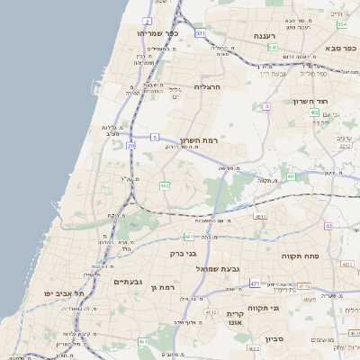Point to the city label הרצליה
(x=207, y=86)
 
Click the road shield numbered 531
(x=200, y=32)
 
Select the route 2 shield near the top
(x=147, y=19)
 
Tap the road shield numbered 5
(x=155, y=137)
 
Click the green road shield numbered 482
(x=165, y=185)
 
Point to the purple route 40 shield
(x=328, y=225)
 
